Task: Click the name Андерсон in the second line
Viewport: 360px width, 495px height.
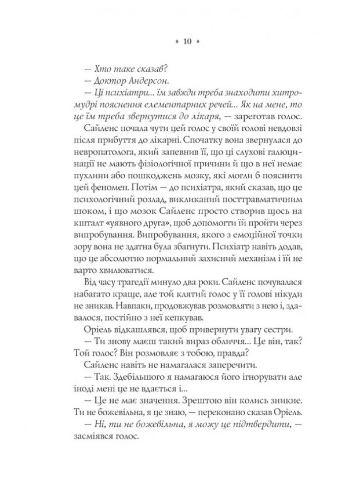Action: point(129,80)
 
